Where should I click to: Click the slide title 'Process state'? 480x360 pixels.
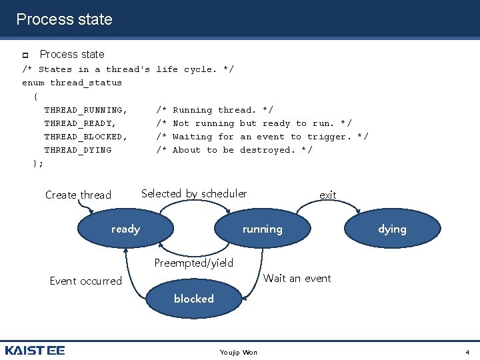(64, 19)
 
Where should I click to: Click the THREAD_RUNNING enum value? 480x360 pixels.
(85, 110)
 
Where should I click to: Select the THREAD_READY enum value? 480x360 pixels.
(80, 123)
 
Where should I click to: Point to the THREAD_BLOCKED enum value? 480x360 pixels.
(85, 137)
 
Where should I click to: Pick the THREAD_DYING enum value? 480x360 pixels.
(77, 150)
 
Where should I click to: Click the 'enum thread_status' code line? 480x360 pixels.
(72, 83)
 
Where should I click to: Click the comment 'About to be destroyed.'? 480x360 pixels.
(242, 150)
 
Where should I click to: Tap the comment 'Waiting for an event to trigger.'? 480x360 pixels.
(270, 137)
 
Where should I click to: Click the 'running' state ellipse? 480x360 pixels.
(262, 229)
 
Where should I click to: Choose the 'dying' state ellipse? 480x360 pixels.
(392, 229)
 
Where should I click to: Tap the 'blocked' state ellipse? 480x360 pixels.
(193, 299)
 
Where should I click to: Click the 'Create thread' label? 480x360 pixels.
(78, 195)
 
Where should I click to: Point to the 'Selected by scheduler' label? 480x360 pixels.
(194, 194)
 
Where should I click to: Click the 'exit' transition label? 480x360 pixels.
(327, 195)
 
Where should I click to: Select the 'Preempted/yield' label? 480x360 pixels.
(194, 263)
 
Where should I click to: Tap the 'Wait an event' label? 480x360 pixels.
(297, 279)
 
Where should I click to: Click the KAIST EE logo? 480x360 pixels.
(35, 350)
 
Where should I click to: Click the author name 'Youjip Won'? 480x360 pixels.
(238, 352)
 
